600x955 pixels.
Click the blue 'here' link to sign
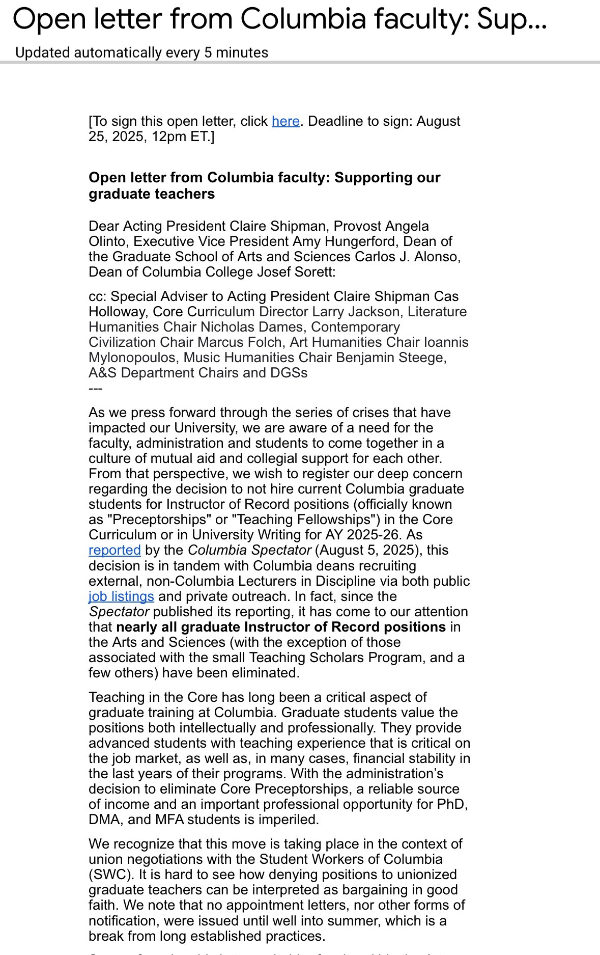pyautogui.click(x=285, y=121)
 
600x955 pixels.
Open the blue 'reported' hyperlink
pyautogui.click(x=115, y=550)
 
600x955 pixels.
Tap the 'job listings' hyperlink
pyautogui.click(x=121, y=596)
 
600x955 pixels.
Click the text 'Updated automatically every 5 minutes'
pyautogui.click(x=142, y=52)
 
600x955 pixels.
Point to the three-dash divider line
pyautogui.click(x=96, y=388)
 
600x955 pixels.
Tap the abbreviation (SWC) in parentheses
pyautogui.click(x=106, y=875)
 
